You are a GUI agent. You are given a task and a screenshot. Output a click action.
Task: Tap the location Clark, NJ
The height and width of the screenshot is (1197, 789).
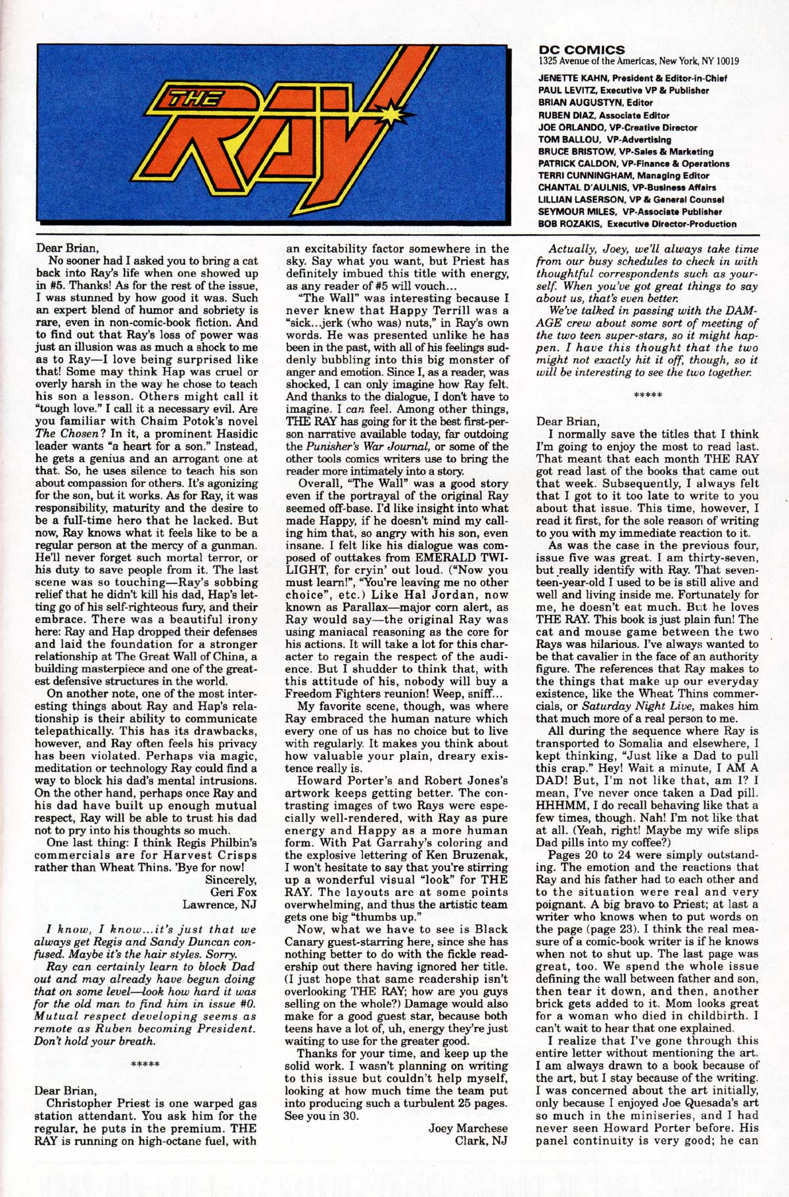pyautogui.click(x=481, y=1140)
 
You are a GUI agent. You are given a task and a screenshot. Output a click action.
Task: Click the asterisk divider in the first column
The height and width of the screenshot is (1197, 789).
pyautogui.click(x=145, y=1064)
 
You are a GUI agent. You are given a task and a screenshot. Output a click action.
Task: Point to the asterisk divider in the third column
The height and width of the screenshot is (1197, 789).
pyautogui.click(x=647, y=395)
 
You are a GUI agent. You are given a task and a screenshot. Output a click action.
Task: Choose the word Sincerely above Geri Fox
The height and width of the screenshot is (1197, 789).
pyautogui.click(x=230, y=880)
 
